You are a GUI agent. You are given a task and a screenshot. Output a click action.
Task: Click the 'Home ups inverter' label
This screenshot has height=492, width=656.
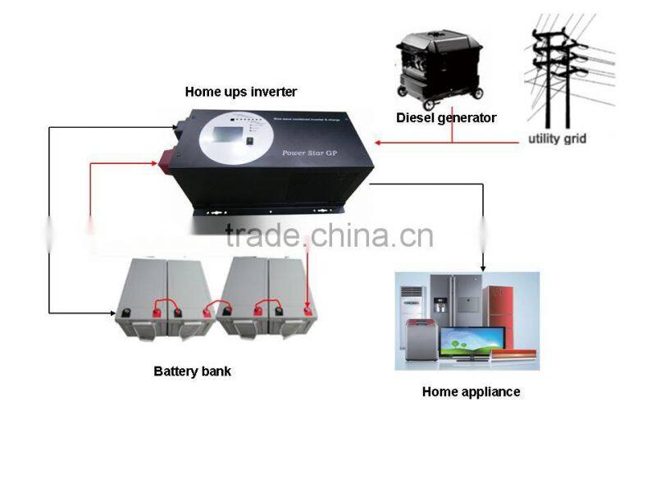(x=240, y=92)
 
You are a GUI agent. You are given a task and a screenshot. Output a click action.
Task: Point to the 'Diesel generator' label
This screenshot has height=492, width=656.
(x=446, y=118)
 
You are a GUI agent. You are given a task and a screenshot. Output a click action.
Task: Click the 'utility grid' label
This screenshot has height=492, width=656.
(x=557, y=139)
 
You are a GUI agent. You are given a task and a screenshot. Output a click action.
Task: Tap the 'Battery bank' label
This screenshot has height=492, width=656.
(x=192, y=371)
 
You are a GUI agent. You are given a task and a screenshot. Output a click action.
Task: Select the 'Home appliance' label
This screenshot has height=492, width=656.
(x=471, y=392)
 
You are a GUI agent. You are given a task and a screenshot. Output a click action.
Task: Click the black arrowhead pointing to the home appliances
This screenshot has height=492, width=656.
(x=483, y=266)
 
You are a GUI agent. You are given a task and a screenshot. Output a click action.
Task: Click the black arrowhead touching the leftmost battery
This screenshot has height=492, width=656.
(x=116, y=312)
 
